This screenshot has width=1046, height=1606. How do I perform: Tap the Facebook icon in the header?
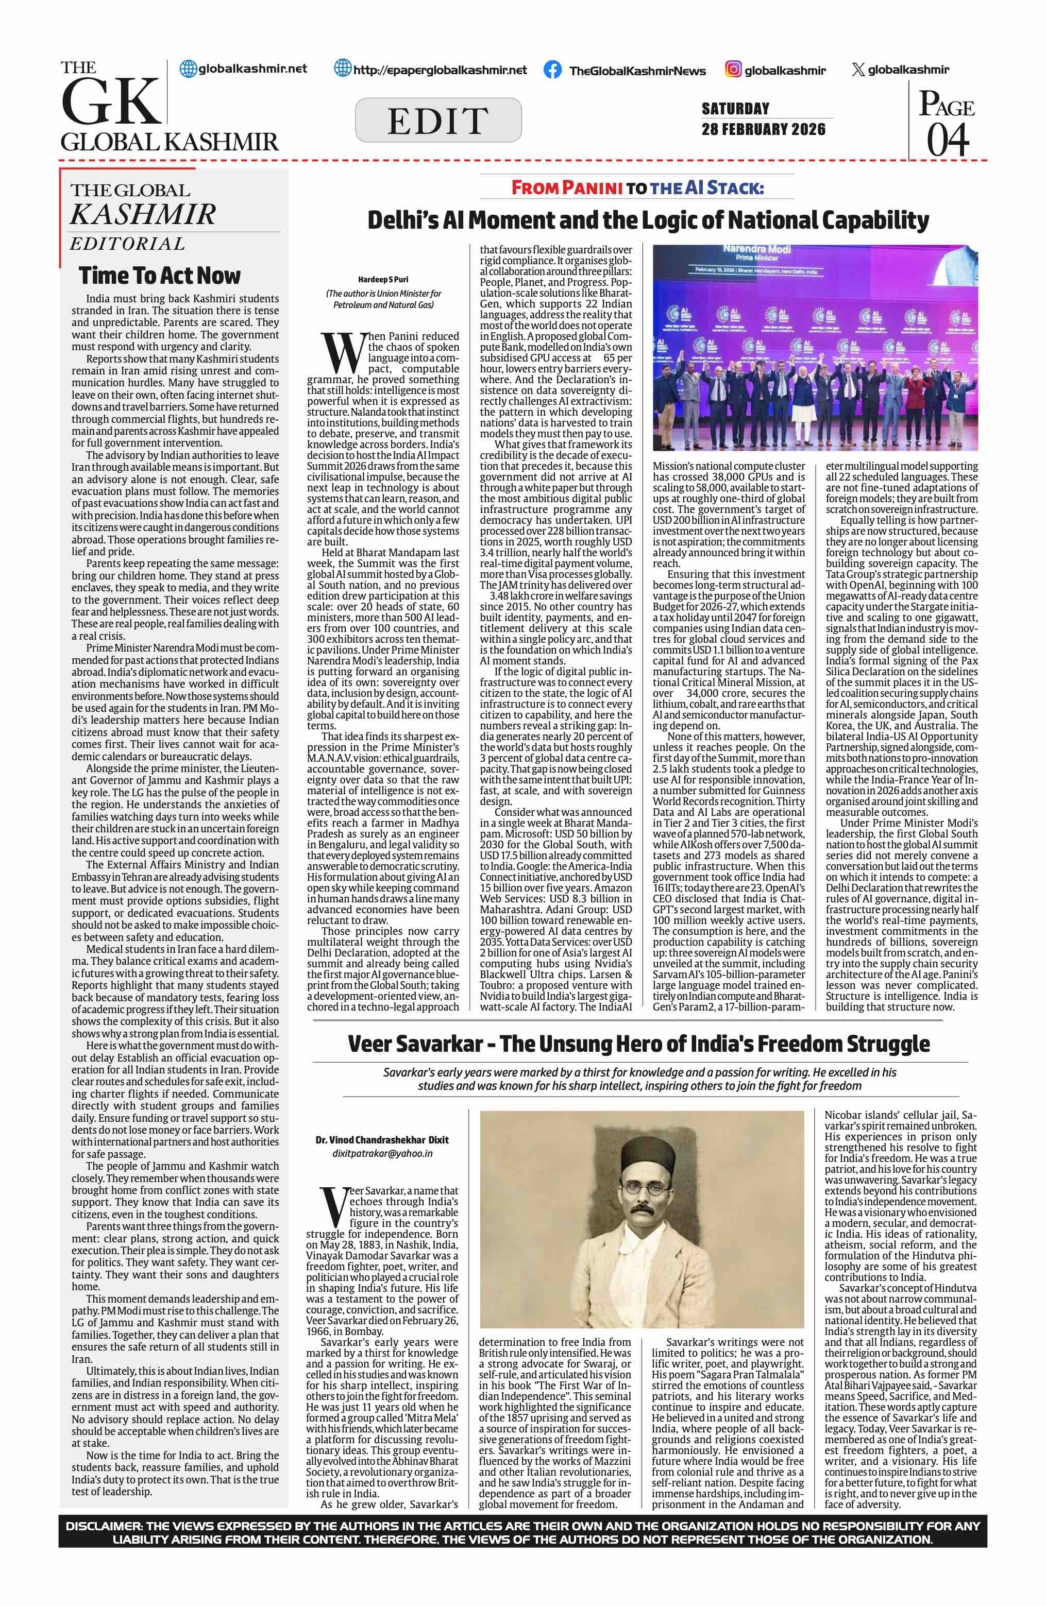(552, 70)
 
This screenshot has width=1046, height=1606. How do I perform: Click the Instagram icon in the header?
(734, 69)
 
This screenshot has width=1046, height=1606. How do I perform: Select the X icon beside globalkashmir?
(858, 70)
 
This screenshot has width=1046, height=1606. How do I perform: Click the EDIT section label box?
(438, 120)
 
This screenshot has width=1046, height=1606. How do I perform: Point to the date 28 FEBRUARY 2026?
(763, 129)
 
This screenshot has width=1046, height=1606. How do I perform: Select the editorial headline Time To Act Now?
(159, 276)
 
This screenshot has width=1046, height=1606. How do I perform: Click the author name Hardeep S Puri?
(383, 279)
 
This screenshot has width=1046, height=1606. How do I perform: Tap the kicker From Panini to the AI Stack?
(637, 187)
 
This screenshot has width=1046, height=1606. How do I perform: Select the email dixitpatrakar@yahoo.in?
(382, 1153)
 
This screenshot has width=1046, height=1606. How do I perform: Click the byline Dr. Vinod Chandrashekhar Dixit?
(382, 1140)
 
